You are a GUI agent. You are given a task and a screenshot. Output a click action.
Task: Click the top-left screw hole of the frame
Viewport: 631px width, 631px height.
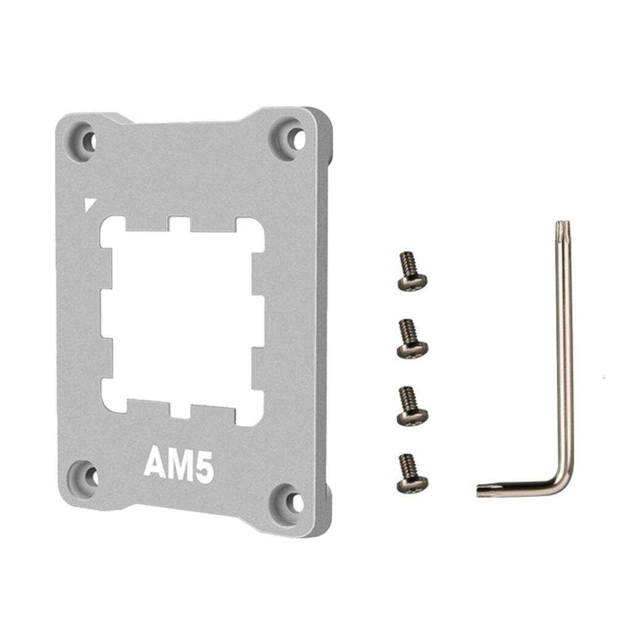coord(90,141)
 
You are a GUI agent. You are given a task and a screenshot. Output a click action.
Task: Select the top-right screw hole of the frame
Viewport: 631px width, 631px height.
coord(298,139)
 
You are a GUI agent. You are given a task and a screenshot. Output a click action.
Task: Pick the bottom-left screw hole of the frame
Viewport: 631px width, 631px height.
coord(91,477)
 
